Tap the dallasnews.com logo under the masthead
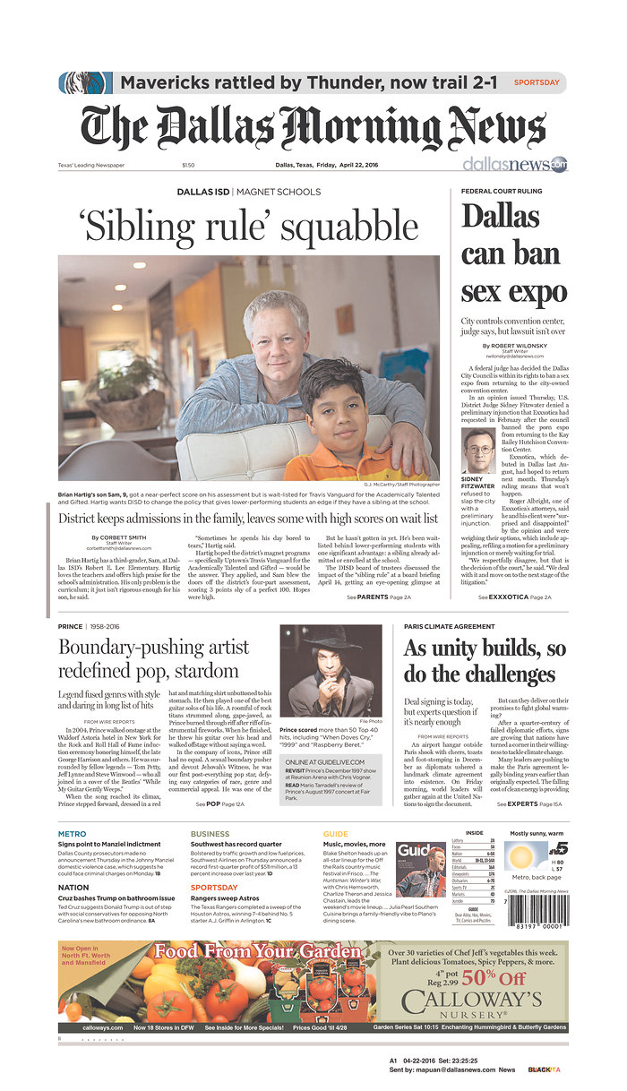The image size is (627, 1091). point(529,165)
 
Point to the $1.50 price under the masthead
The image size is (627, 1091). point(213,165)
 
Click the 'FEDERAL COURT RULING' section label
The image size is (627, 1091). point(502,192)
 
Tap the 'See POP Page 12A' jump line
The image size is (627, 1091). point(219,804)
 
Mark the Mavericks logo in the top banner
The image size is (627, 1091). point(86,83)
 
